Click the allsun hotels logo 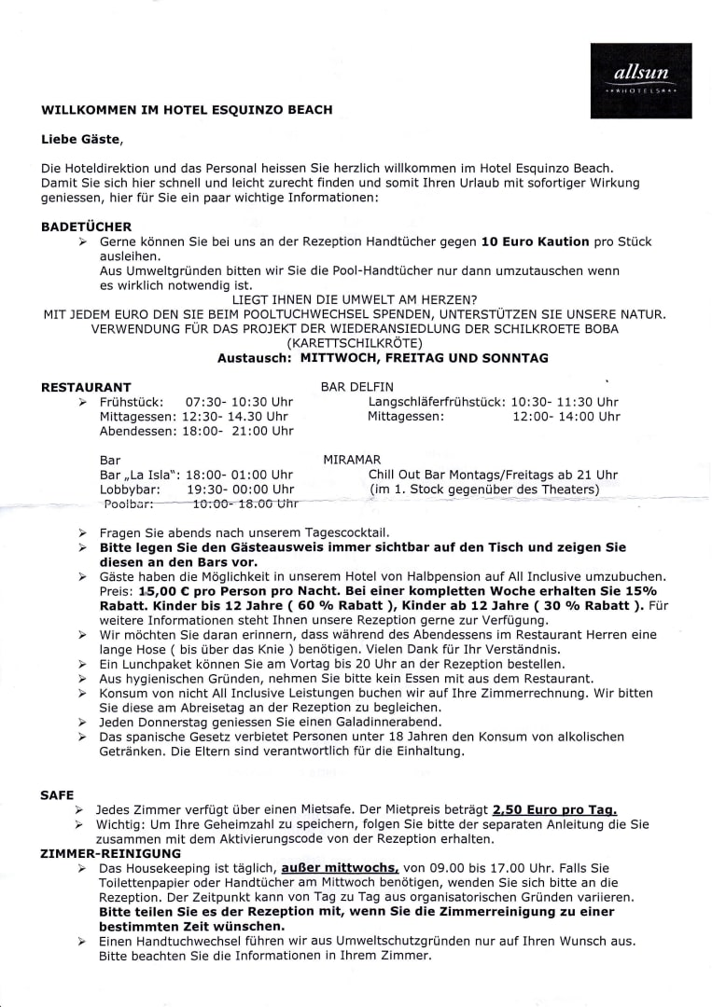click(x=641, y=80)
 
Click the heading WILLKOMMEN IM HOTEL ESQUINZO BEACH click(x=187, y=110)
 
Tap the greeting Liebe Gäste click(x=81, y=140)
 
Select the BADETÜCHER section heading click(x=87, y=227)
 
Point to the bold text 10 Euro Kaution click(x=535, y=241)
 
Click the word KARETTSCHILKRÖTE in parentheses click(x=355, y=343)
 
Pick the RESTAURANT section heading click(x=87, y=387)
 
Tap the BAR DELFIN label click(x=357, y=386)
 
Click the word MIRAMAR click(x=352, y=460)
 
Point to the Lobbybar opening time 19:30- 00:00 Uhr click(x=240, y=489)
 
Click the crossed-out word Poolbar click(x=128, y=504)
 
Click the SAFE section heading click(x=58, y=795)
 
